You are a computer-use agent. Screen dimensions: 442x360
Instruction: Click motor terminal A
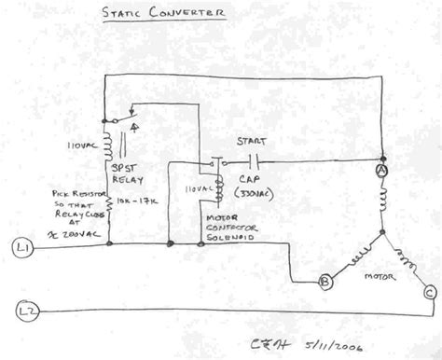pyautogui.click(x=381, y=172)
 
